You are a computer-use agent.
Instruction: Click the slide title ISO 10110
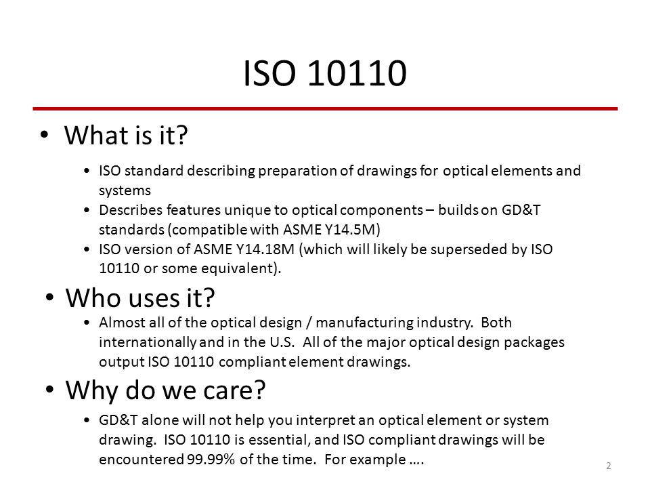click(x=324, y=73)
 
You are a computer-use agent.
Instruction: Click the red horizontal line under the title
click(x=325, y=108)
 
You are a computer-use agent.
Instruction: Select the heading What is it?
click(x=126, y=136)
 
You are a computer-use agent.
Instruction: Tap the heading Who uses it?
click(x=140, y=298)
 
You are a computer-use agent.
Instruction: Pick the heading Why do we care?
click(x=165, y=391)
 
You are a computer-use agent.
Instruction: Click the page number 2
click(x=608, y=466)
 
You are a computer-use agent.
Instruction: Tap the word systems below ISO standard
click(x=125, y=190)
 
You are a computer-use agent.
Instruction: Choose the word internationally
click(x=147, y=342)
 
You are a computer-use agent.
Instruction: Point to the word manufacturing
click(x=364, y=323)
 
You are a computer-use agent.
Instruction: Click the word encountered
click(x=141, y=460)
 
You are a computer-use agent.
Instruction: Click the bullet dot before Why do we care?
click(x=49, y=390)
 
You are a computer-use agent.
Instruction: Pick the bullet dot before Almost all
click(x=86, y=323)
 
